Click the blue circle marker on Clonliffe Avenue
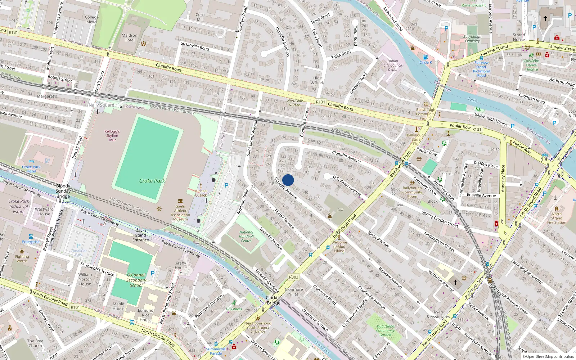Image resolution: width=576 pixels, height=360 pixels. tap(288, 180)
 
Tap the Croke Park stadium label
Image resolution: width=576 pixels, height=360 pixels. tap(152, 181)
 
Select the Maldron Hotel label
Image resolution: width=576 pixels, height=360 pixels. tap(130, 37)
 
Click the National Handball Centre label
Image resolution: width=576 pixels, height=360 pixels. tap(246, 237)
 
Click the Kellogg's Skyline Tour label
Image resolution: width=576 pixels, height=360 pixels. tap(112, 136)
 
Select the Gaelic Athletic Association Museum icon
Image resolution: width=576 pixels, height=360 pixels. tap(180, 201)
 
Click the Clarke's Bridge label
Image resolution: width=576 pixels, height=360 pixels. tap(274, 300)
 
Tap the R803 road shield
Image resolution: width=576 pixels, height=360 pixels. tap(294, 277)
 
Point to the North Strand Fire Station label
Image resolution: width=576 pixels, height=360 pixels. tap(557, 218)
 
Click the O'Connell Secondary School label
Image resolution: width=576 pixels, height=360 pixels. tap(136, 280)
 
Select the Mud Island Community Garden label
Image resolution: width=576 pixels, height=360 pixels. tap(385, 330)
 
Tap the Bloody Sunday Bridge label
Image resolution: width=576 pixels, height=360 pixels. tap(63, 191)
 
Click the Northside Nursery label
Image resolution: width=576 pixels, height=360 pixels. tap(295, 103)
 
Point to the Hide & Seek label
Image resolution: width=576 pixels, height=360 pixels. tap(318, 80)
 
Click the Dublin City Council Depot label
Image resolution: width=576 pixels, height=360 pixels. tap(393, 65)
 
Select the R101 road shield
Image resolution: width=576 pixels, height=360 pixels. tap(75, 307)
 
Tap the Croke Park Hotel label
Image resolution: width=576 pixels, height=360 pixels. tap(31, 169)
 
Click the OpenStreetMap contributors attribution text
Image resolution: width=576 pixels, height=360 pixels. tap(550, 356)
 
